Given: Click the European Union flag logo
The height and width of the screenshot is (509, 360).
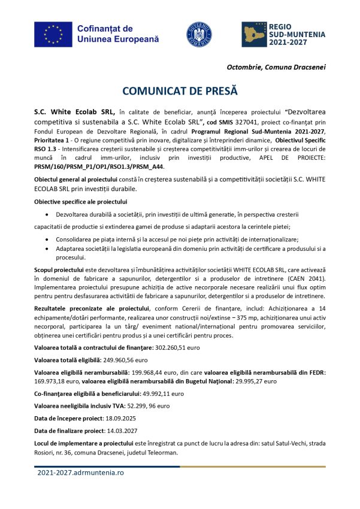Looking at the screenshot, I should point(53,34).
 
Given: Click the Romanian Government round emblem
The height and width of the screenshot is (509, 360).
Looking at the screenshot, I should point(199,34).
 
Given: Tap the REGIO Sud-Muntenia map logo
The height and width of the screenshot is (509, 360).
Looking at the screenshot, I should point(259,34).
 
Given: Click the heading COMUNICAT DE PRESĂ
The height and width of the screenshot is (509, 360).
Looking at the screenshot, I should point(180,90).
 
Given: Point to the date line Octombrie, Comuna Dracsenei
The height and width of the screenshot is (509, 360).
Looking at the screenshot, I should point(276,66).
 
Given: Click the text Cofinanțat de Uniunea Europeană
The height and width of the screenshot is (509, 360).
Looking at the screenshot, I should point(118,34).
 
